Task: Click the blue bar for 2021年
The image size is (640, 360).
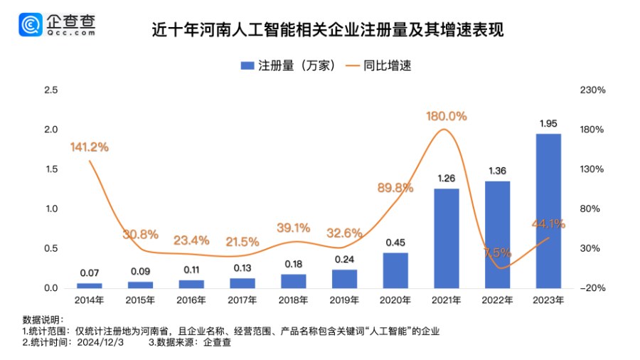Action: coord(447,238)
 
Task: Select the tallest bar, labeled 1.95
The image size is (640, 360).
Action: coord(548,211)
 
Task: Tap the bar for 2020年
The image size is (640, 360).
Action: coord(395,270)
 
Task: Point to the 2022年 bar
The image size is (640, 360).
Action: coord(498,235)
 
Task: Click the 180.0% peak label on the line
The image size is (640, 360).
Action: coord(447,116)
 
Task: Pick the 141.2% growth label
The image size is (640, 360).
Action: coord(89,147)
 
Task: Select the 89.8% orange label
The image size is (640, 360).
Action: coord(395,188)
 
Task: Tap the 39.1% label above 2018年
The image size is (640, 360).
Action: coord(293,228)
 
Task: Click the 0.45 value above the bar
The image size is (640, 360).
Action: coord(395,243)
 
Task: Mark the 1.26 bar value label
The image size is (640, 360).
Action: coord(447,179)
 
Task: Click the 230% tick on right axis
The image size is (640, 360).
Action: coord(592,90)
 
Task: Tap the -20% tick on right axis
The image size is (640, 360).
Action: coord(592,288)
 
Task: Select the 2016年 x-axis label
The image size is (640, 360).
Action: coord(191,300)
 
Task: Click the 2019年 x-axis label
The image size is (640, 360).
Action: coord(344,300)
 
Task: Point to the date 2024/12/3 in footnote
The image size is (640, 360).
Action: coord(101,342)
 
